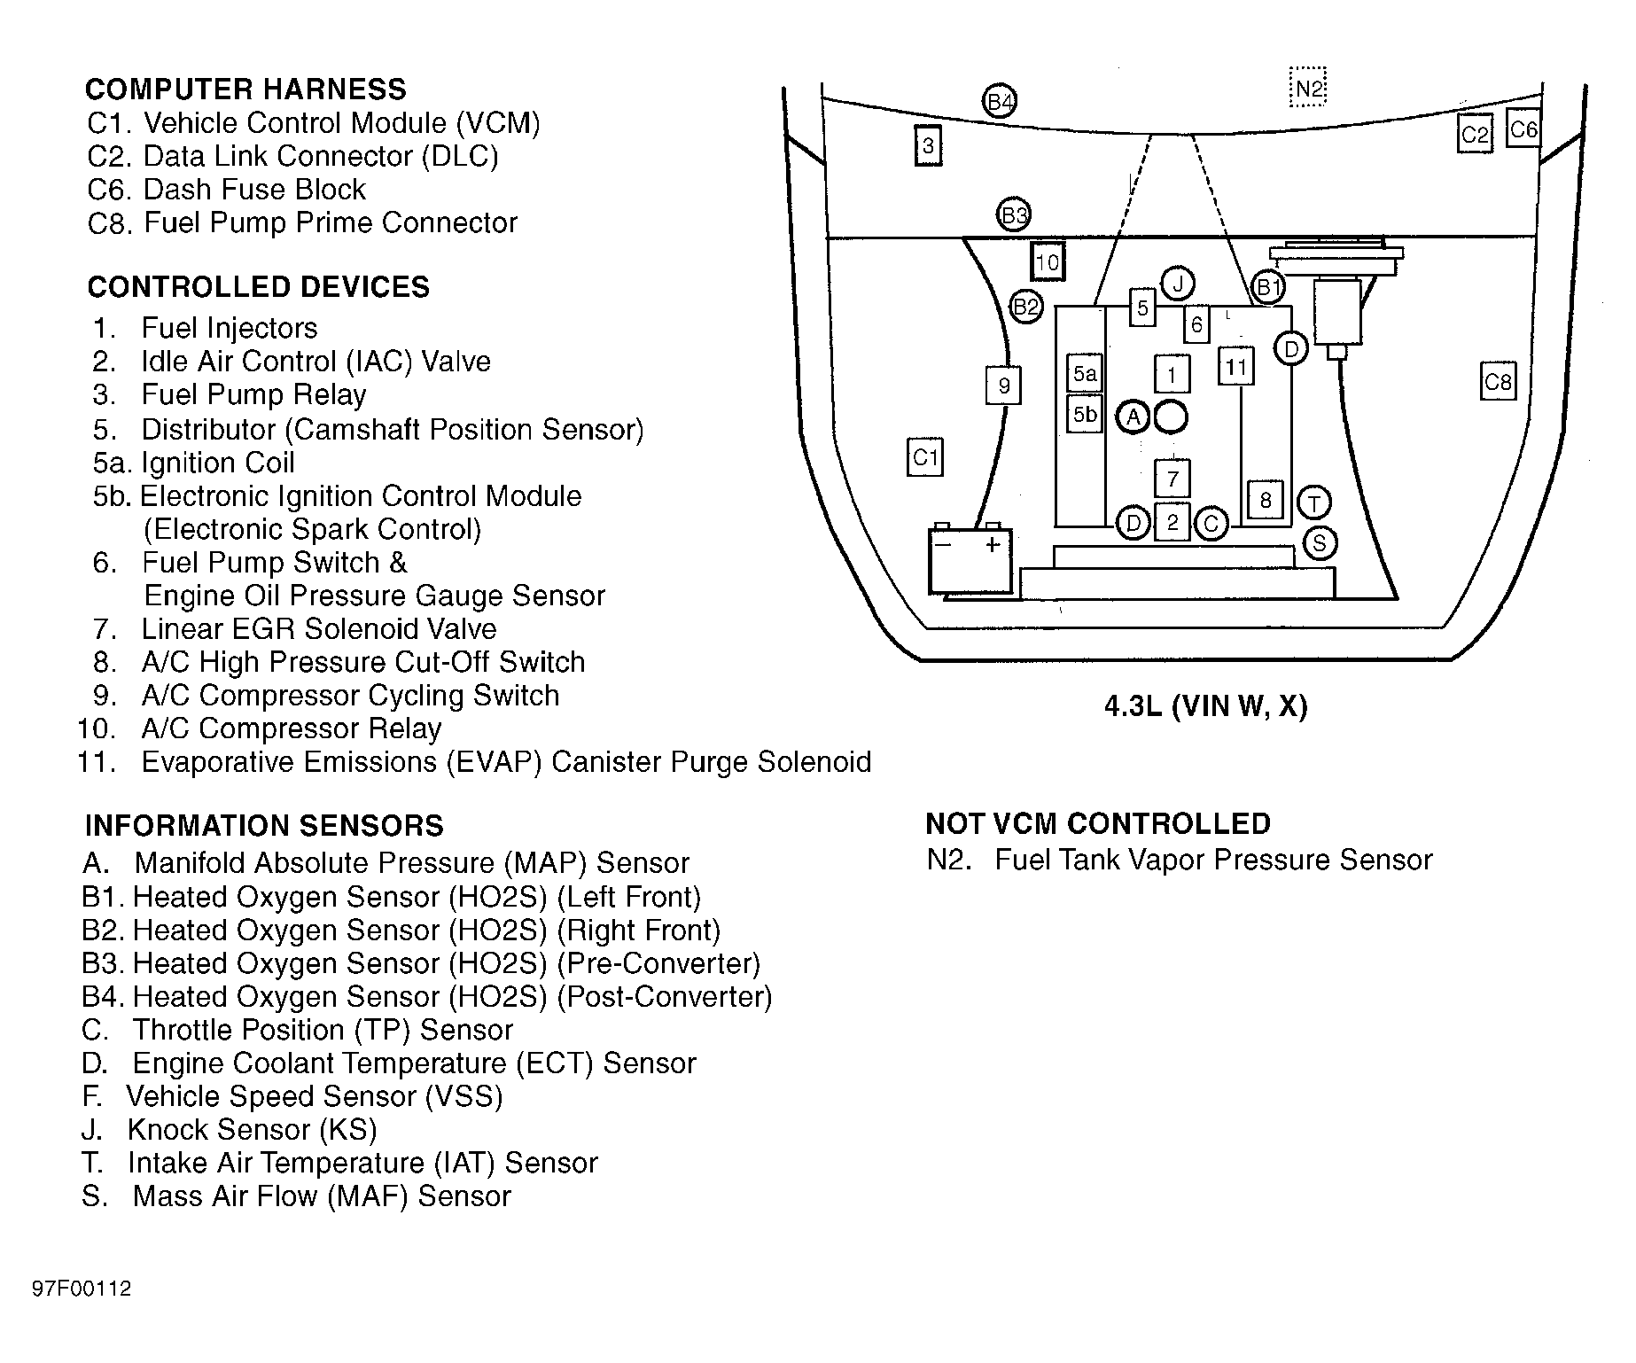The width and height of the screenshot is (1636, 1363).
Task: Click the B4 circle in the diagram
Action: (x=1000, y=102)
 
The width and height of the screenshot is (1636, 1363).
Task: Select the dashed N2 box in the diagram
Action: (x=1308, y=87)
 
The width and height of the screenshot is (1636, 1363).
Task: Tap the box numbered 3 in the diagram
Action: (x=928, y=145)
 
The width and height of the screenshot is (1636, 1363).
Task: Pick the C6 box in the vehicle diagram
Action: (x=1523, y=130)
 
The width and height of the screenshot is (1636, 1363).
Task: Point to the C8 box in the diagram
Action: (x=1498, y=382)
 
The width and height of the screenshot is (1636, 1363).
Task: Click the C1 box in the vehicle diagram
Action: (x=924, y=457)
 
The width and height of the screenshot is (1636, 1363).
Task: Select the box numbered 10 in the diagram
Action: (x=1048, y=262)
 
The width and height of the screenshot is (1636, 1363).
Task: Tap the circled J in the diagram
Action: (x=1178, y=284)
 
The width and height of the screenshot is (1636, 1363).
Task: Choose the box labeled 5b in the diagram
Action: (x=1085, y=414)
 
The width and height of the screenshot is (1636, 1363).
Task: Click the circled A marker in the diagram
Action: (x=1133, y=417)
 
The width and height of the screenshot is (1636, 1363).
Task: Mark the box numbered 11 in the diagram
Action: (x=1236, y=367)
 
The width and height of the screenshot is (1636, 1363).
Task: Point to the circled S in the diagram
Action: (x=1319, y=543)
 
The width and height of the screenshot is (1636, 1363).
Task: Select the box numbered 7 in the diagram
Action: (x=1172, y=479)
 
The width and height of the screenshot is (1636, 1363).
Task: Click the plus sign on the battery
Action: (x=993, y=544)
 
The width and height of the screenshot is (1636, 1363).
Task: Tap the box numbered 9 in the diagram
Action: (x=1004, y=386)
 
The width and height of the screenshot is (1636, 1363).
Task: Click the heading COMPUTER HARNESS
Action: (x=245, y=90)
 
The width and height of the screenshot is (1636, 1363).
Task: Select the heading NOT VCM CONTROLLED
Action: (x=1098, y=824)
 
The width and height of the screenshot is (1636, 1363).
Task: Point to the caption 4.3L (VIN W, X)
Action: (x=1205, y=706)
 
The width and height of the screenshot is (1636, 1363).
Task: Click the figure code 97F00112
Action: (x=82, y=1289)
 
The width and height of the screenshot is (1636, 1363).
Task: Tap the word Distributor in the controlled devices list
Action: (x=209, y=430)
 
